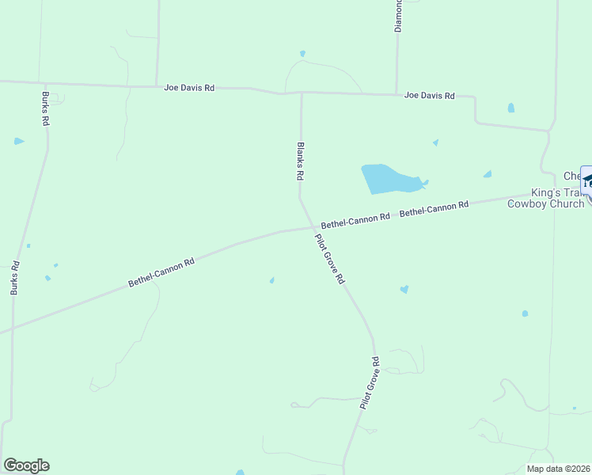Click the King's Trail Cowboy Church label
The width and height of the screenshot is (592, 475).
click(x=545, y=198)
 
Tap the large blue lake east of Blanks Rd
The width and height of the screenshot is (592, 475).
click(x=389, y=180)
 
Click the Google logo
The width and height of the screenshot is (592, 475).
click(x=26, y=465)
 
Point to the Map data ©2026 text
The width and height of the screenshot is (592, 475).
click(x=559, y=469)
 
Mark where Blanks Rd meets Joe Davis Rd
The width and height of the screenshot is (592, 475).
click(x=301, y=93)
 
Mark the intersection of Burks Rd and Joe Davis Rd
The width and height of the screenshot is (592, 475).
click(x=46, y=84)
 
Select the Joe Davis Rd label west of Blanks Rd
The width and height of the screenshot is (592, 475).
click(x=189, y=88)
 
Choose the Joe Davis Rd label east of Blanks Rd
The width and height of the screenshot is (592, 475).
click(x=429, y=96)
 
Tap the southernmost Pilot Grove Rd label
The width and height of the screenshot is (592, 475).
click(x=370, y=383)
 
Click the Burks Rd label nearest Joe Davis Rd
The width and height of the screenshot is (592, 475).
click(x=45, y=109)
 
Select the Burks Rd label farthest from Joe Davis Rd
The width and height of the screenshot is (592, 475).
click(x=14, y=279)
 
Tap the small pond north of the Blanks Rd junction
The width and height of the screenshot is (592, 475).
click(x=302, y=54)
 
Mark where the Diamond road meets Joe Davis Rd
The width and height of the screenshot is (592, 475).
click(x=397, y=95)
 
